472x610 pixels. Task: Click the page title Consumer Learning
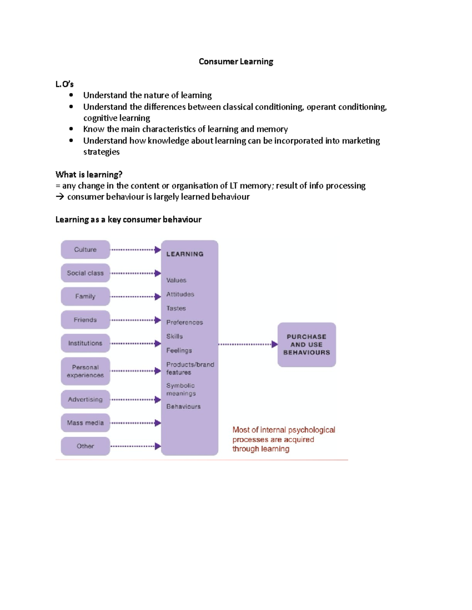236,62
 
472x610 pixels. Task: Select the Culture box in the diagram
85,249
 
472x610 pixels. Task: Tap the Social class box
85,273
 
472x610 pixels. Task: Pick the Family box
85,296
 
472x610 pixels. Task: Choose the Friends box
85,320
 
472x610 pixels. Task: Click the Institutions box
85,343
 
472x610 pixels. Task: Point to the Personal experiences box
85,371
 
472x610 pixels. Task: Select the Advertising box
85,399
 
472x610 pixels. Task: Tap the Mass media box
85,423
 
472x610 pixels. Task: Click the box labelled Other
85,446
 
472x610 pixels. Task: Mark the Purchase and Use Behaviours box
306,344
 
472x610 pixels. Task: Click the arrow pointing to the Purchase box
248,344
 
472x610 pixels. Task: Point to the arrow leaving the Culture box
135,250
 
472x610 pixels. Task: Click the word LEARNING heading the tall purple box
185,254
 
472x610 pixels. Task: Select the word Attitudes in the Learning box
180,294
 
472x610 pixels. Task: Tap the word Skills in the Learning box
175,336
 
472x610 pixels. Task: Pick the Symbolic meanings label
181,389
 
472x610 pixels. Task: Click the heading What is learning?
89,174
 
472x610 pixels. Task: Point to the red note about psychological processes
284,439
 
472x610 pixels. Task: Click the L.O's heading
65,84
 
